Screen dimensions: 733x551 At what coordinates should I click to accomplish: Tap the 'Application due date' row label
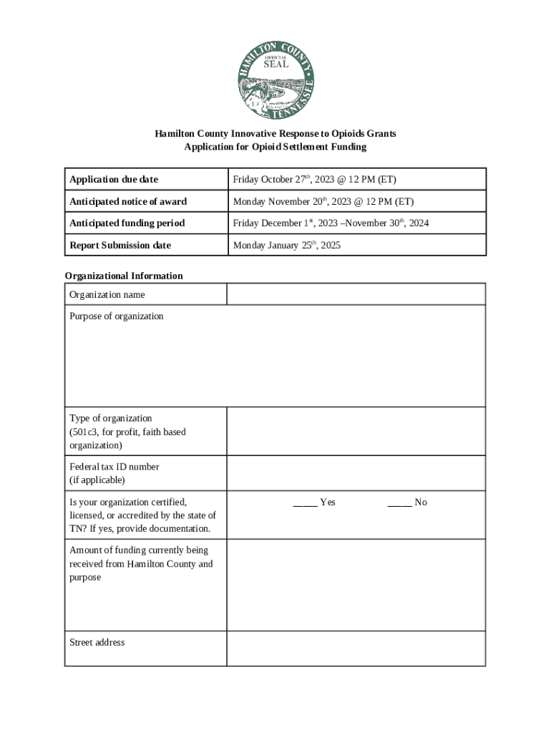click(x=114, y=179)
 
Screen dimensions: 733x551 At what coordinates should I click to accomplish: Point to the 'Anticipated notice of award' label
click(x=128, y=201)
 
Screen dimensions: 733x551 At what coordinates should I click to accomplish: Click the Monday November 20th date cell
click(x=323, y=201)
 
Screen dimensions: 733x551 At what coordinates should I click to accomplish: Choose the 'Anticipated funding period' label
click(x=127, y=223)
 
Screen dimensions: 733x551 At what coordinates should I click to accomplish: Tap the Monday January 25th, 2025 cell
click(x=287, y=245)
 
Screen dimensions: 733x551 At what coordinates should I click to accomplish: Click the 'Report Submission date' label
click(x=120, y=245)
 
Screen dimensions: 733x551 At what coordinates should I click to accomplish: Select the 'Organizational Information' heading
click(x=124, y=276)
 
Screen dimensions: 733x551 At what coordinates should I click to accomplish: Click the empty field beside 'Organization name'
click(x=356, y=294)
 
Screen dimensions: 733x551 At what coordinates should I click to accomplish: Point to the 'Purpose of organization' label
click(x=117, y=316)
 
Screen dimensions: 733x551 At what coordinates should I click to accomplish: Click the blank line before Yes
click(x=305, y=503)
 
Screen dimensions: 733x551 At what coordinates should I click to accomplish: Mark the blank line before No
click(x=399, y=503)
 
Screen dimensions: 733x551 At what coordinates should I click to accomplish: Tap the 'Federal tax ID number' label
click(x=114, y=467)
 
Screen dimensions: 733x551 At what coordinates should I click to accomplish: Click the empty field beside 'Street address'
click(x=356, y=648)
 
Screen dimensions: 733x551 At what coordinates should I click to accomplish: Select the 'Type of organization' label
click(x=111, y=418)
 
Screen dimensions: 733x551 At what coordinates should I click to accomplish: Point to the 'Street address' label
click(x=97, y=642)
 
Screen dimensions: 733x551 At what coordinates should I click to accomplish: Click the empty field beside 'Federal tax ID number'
click(x=356, y=473)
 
